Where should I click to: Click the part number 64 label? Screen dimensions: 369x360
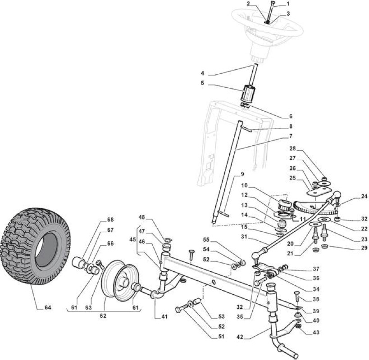[x=48, y=308]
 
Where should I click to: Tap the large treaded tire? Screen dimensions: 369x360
[x=35, y=246]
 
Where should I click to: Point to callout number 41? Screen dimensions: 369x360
[x=164, y=317]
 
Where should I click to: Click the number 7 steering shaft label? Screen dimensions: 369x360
[x=291, y=136]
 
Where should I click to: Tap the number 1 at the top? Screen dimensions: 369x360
[x=288, y=4]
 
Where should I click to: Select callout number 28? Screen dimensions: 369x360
[x=292, y=148]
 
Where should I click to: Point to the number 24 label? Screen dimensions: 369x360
[x=364, y=196]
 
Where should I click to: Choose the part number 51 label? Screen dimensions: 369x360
[x=221, y=337]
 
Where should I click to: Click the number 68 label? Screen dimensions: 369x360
[x=110, y=220]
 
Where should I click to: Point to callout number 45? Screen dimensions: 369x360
[x=132, y=239]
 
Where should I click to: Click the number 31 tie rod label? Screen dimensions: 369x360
[x=244, y=237]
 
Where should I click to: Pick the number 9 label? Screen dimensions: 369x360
[x=242, y=174]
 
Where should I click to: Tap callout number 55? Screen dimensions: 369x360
[x=206, y=240]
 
